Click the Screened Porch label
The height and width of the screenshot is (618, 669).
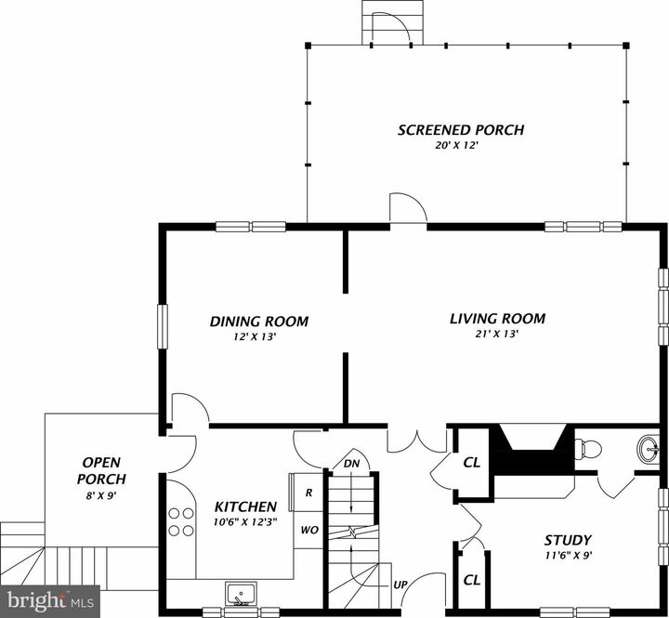460,130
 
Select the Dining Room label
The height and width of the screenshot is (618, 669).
258,322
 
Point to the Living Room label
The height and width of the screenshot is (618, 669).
497,319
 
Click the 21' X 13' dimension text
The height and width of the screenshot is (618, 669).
497,334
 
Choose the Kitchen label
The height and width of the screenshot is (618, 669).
245,506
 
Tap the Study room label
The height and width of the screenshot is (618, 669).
567,540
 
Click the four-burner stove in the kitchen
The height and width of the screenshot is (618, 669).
182,522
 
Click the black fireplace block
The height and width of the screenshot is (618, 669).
530,451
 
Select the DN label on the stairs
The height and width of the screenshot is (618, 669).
351,464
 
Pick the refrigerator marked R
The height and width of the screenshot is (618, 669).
308,493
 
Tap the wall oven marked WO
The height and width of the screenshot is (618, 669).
308,531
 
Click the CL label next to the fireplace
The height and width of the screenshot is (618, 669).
471,462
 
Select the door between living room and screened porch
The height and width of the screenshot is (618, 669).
407,211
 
